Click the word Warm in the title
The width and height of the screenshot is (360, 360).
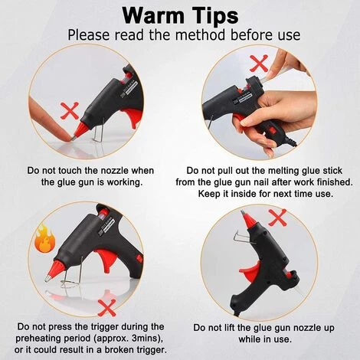153,15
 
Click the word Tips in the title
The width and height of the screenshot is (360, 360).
214,15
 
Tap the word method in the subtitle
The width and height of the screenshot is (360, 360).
200,35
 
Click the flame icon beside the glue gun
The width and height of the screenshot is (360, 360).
45,238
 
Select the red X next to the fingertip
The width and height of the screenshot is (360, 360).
70,110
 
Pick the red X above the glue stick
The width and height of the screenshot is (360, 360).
259,63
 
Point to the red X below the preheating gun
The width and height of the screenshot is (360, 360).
106,307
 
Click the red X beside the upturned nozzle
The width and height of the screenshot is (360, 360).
278,218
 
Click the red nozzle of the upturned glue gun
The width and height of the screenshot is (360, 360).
249,221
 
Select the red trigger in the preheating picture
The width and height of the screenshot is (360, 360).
106,260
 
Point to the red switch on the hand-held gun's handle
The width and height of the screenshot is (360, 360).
273,131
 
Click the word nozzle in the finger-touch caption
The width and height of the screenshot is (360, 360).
113,171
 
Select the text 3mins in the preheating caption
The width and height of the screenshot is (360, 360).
144,339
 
